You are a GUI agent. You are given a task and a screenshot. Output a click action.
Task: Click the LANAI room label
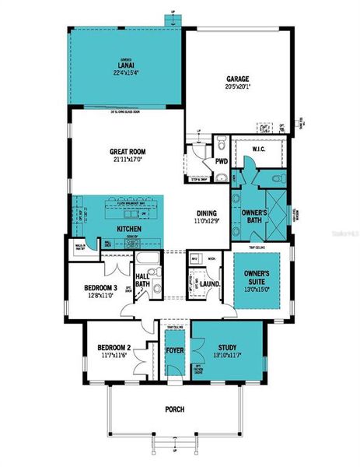125,65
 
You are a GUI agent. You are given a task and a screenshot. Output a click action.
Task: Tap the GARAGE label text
236,79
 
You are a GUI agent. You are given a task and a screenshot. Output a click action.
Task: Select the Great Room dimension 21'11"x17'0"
128,160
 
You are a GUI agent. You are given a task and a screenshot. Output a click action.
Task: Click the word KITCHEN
128,230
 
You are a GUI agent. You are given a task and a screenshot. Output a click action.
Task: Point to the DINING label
206,212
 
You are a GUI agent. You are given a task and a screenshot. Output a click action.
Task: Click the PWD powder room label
222,162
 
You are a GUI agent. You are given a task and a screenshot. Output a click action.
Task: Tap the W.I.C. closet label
260,149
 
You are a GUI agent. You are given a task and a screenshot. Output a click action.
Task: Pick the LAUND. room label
211,285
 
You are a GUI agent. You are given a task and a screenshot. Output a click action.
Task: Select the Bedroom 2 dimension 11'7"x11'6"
112,355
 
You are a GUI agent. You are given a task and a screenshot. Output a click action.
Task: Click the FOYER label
174,349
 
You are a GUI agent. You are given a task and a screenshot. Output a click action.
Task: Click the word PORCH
174,409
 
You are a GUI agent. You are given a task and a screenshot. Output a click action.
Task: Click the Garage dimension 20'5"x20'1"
236,86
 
